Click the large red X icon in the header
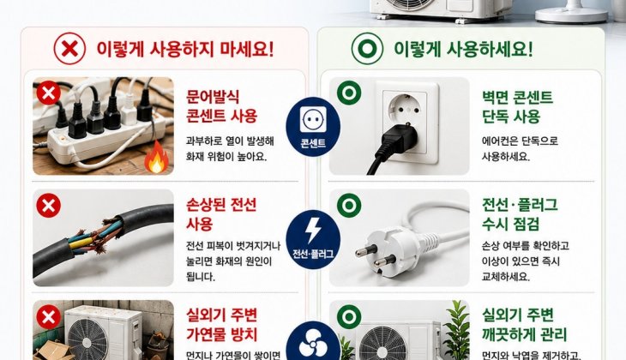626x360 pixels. coord(69,49)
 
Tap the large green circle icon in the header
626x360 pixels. coord(367,49)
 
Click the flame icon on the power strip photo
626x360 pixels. coord(156,157)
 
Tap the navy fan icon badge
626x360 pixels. coord(313,341)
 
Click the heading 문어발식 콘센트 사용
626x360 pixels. coord(221,106)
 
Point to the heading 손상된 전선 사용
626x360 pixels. coord(221,214)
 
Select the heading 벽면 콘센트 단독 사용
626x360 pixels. coord(517,107)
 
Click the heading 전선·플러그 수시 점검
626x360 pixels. coord(520,214)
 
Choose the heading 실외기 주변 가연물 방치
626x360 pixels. coord(221,325)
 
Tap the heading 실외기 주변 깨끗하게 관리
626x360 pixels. coord(524,325)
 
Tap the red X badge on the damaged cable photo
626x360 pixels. coord(48,206)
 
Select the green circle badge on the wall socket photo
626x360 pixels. coord(349,93)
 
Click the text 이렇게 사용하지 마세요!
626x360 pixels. coord(185,49)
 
